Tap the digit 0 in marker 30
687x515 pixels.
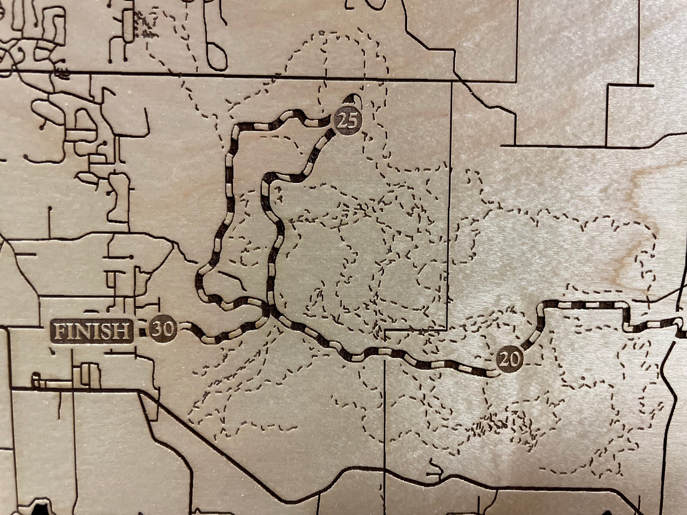[x=168, y=330]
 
